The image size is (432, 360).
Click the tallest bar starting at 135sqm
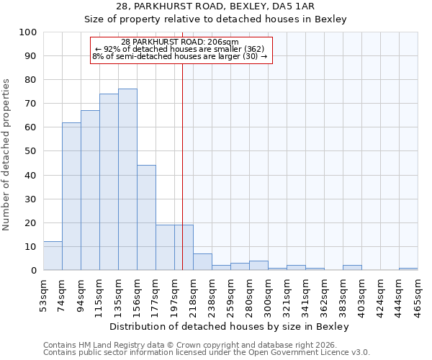pos(127,180)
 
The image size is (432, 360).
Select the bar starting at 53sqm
pos(53,256)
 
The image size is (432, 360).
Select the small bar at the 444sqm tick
pos(408,269)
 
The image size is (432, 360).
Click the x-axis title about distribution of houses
pos(230,327)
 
